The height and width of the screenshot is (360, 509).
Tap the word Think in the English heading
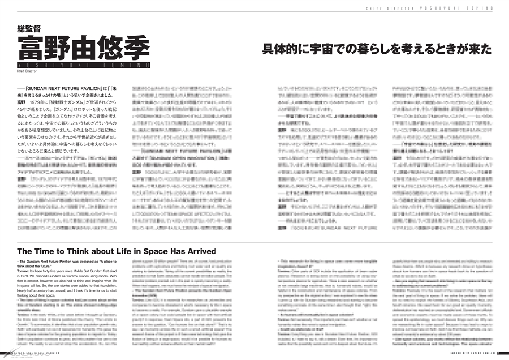pyautogui.click(x=75, y=250)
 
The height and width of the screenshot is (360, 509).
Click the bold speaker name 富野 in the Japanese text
pyautogui.click(x=23, y=101)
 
